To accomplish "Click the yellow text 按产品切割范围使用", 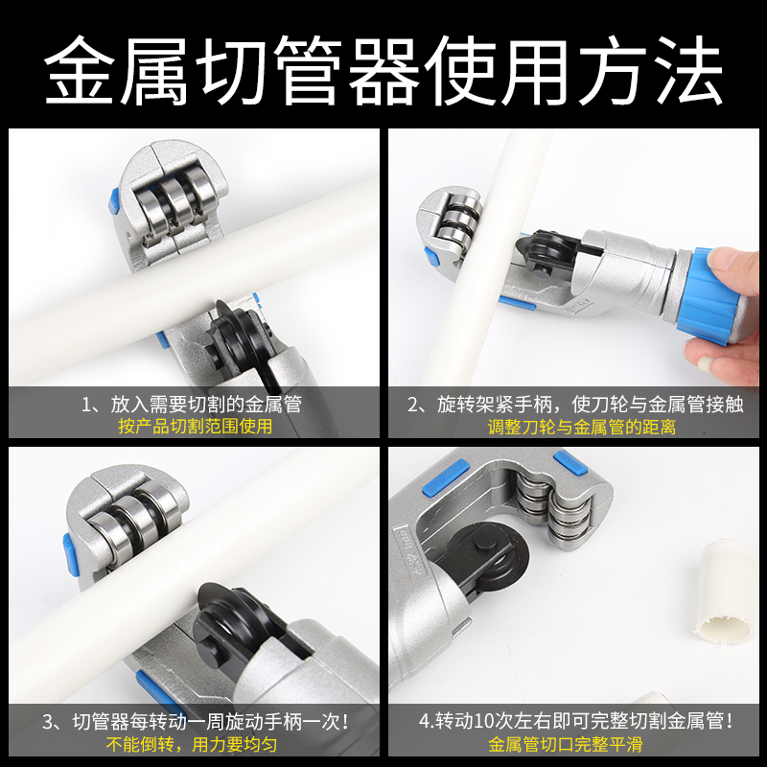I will tap(196, 426).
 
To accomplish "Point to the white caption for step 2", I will tap(575, 404).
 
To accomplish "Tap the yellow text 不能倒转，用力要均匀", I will tap(196, 743).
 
